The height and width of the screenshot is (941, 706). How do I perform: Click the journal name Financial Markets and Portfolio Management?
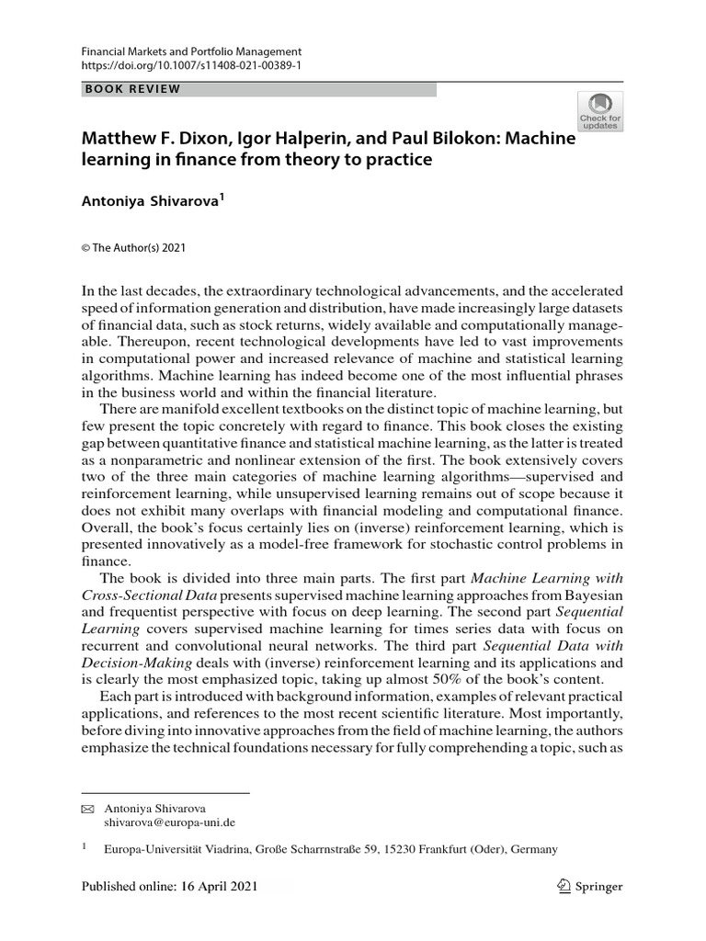[191, 52]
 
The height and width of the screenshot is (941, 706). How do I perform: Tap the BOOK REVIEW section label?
[132, 89]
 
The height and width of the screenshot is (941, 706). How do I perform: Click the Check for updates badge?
[599, 112]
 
